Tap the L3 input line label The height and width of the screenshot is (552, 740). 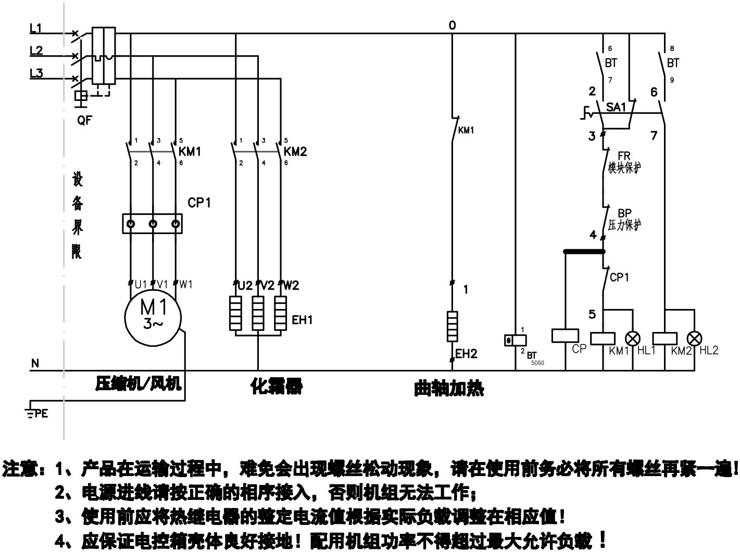[x=36, y=73]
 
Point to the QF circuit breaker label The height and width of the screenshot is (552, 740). [x=84, y=121]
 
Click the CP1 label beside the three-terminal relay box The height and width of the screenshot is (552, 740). [x=199, y=202]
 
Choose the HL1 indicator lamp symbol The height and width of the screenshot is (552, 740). [x=633, y=338]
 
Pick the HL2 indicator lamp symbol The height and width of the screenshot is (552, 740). [x=694, y=338]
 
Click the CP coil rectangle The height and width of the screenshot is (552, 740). [x=565, y=336]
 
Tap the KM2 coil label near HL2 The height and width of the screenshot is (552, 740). [x=681, y=351]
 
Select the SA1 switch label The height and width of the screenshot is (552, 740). [x=616, y=107]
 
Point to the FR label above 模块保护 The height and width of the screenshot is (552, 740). [x=624, y=156]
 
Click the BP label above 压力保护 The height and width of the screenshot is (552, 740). [x=624, y=213]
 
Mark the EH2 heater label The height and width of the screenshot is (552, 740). [x=466, y=354]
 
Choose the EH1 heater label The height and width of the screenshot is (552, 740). [x=302, y=319]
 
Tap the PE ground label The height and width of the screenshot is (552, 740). [x=41, y=414]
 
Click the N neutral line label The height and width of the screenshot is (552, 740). [x=35, y=363]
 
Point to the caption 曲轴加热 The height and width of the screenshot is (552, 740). [x=448, y=388]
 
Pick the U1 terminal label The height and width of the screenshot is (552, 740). [x=141, y=285]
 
